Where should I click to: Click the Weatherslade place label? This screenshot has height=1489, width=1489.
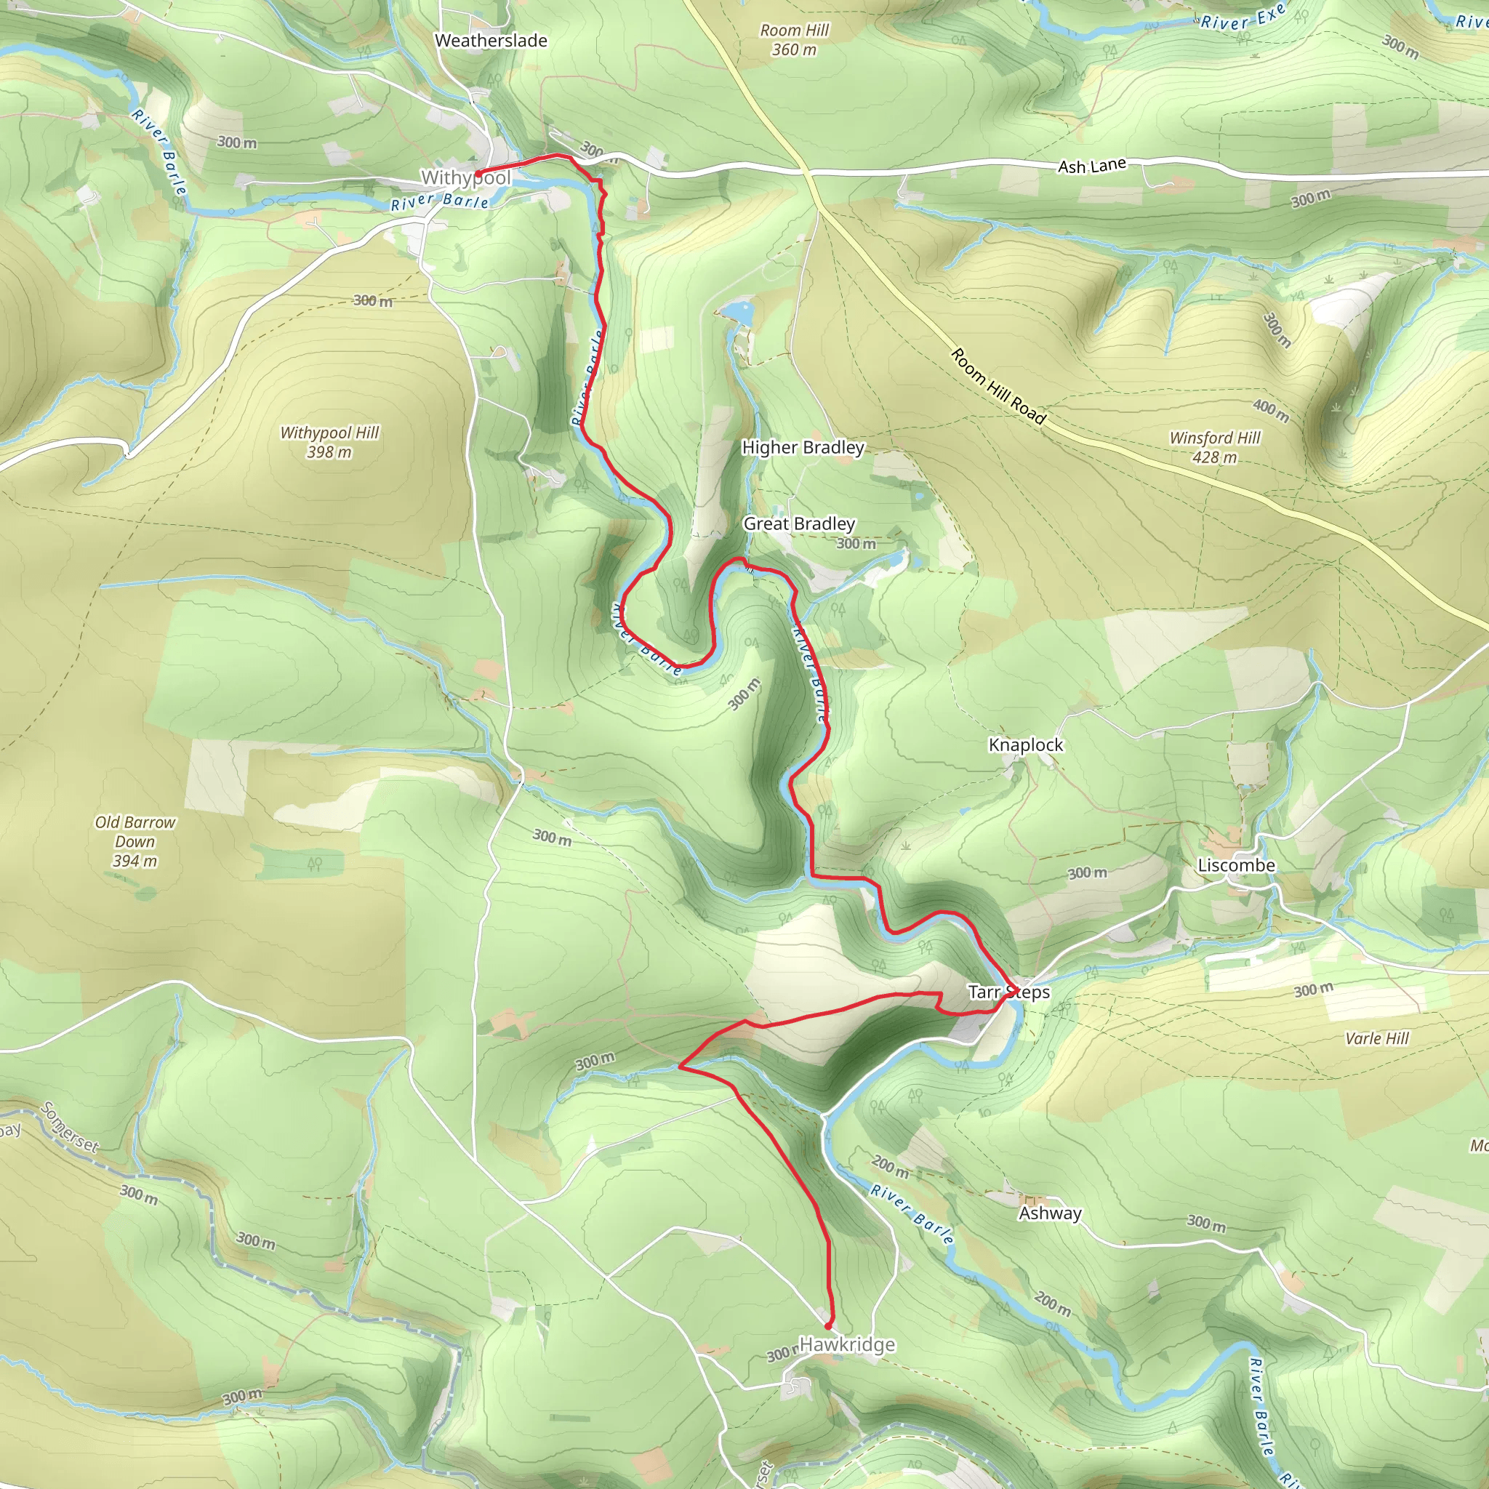pos(491,41)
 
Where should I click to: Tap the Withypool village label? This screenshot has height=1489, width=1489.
pos(465,178)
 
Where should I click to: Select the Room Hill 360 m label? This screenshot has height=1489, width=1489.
pos(794,40)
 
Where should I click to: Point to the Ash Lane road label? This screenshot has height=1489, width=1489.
pos(1091,166)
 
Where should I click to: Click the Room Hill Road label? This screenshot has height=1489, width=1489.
pos(998,386)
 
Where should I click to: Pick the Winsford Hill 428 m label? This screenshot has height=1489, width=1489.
pos(1215,447)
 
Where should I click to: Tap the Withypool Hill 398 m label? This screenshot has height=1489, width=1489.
pos(329,442)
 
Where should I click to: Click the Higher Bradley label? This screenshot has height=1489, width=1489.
pos(803,448)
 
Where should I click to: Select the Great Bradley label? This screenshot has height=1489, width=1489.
pos(799,524)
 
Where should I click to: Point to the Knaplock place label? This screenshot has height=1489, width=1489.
pos(1026,745)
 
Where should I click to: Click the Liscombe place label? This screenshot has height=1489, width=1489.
pos(1236,865)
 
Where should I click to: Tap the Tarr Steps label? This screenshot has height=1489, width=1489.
pos(1009,992)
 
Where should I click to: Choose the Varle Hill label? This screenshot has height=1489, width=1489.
pos(1376,1038)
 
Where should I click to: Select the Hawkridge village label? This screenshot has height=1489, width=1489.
pos(847,1345)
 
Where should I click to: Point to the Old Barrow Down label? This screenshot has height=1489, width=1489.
pos(135,842)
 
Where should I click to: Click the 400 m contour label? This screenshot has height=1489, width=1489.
pos(1271,411)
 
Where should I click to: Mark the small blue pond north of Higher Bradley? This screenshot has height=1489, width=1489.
pos(739,312)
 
